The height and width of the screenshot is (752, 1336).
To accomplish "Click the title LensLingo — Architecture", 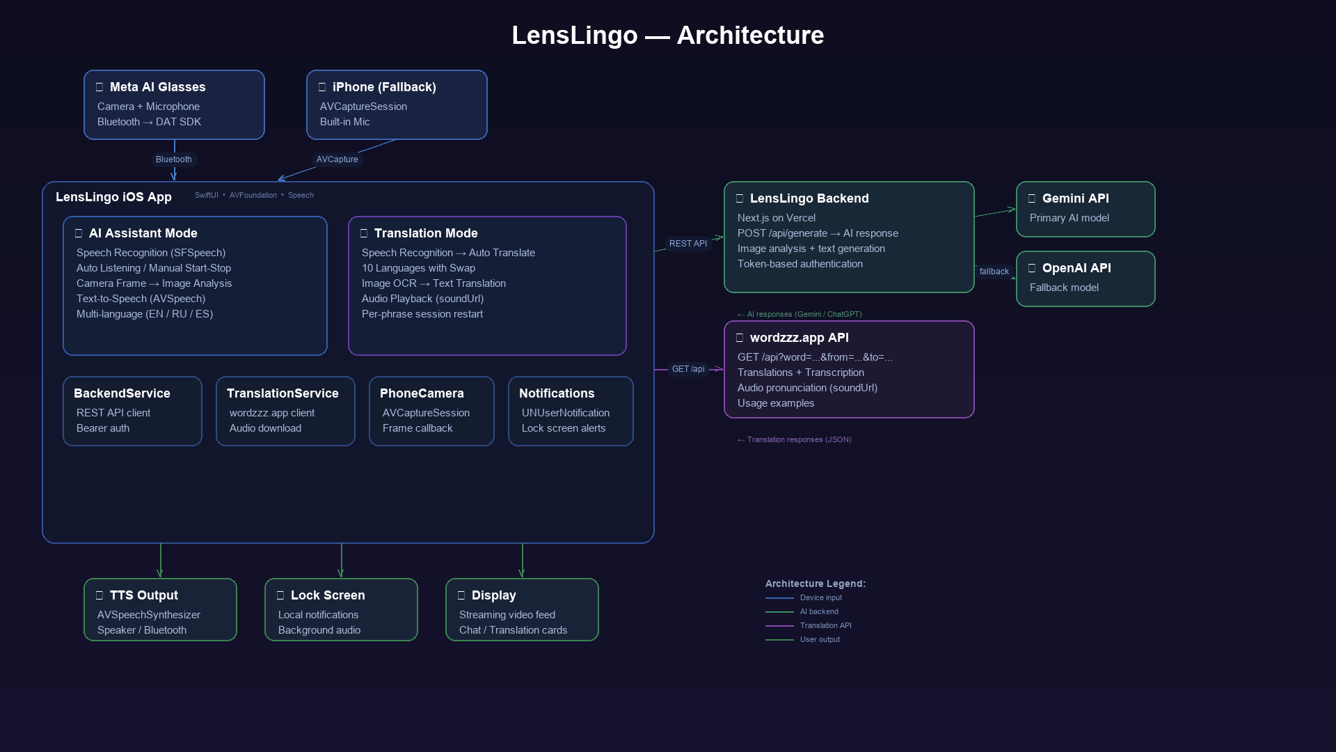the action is [x=668, y=36].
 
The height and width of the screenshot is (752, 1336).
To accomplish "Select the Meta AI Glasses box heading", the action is [x=157, y=87].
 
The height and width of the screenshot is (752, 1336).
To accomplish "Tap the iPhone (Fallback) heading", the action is [x=384, y=87].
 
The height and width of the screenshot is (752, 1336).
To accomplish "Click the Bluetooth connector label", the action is [x=174, y=159].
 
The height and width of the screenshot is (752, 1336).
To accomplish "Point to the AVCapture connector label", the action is [x=337, y=159].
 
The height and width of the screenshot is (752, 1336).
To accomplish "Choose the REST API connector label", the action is [x=688, y=244].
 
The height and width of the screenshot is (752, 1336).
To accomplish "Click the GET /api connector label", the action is [x=688, y=369].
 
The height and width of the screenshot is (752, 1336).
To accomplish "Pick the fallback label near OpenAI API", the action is [x=994, y=272].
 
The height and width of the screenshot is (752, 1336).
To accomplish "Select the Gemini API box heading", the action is [x=1076, y=198].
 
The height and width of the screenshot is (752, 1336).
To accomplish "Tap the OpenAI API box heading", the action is [x=1076, y=268].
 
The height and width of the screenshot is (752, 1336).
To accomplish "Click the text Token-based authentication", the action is [x=800, y=264].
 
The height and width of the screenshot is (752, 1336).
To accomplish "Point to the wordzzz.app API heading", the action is [x=800, y=338].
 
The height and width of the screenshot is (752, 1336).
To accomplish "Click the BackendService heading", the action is [x=122, y=393].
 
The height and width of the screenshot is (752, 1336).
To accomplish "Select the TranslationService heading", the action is [x=283, y=393].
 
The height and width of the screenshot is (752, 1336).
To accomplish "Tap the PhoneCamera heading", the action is [x=422, y=393].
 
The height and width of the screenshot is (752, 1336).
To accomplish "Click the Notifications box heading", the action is [x=557, y=393].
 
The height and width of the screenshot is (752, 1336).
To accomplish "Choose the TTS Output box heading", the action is [x=144, y=595].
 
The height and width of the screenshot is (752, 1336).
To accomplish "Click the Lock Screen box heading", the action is [x=328, y=595].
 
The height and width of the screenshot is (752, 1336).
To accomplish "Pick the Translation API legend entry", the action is [x=826, y=625].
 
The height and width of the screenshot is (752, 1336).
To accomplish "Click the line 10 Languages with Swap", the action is [x=418, y=268].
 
